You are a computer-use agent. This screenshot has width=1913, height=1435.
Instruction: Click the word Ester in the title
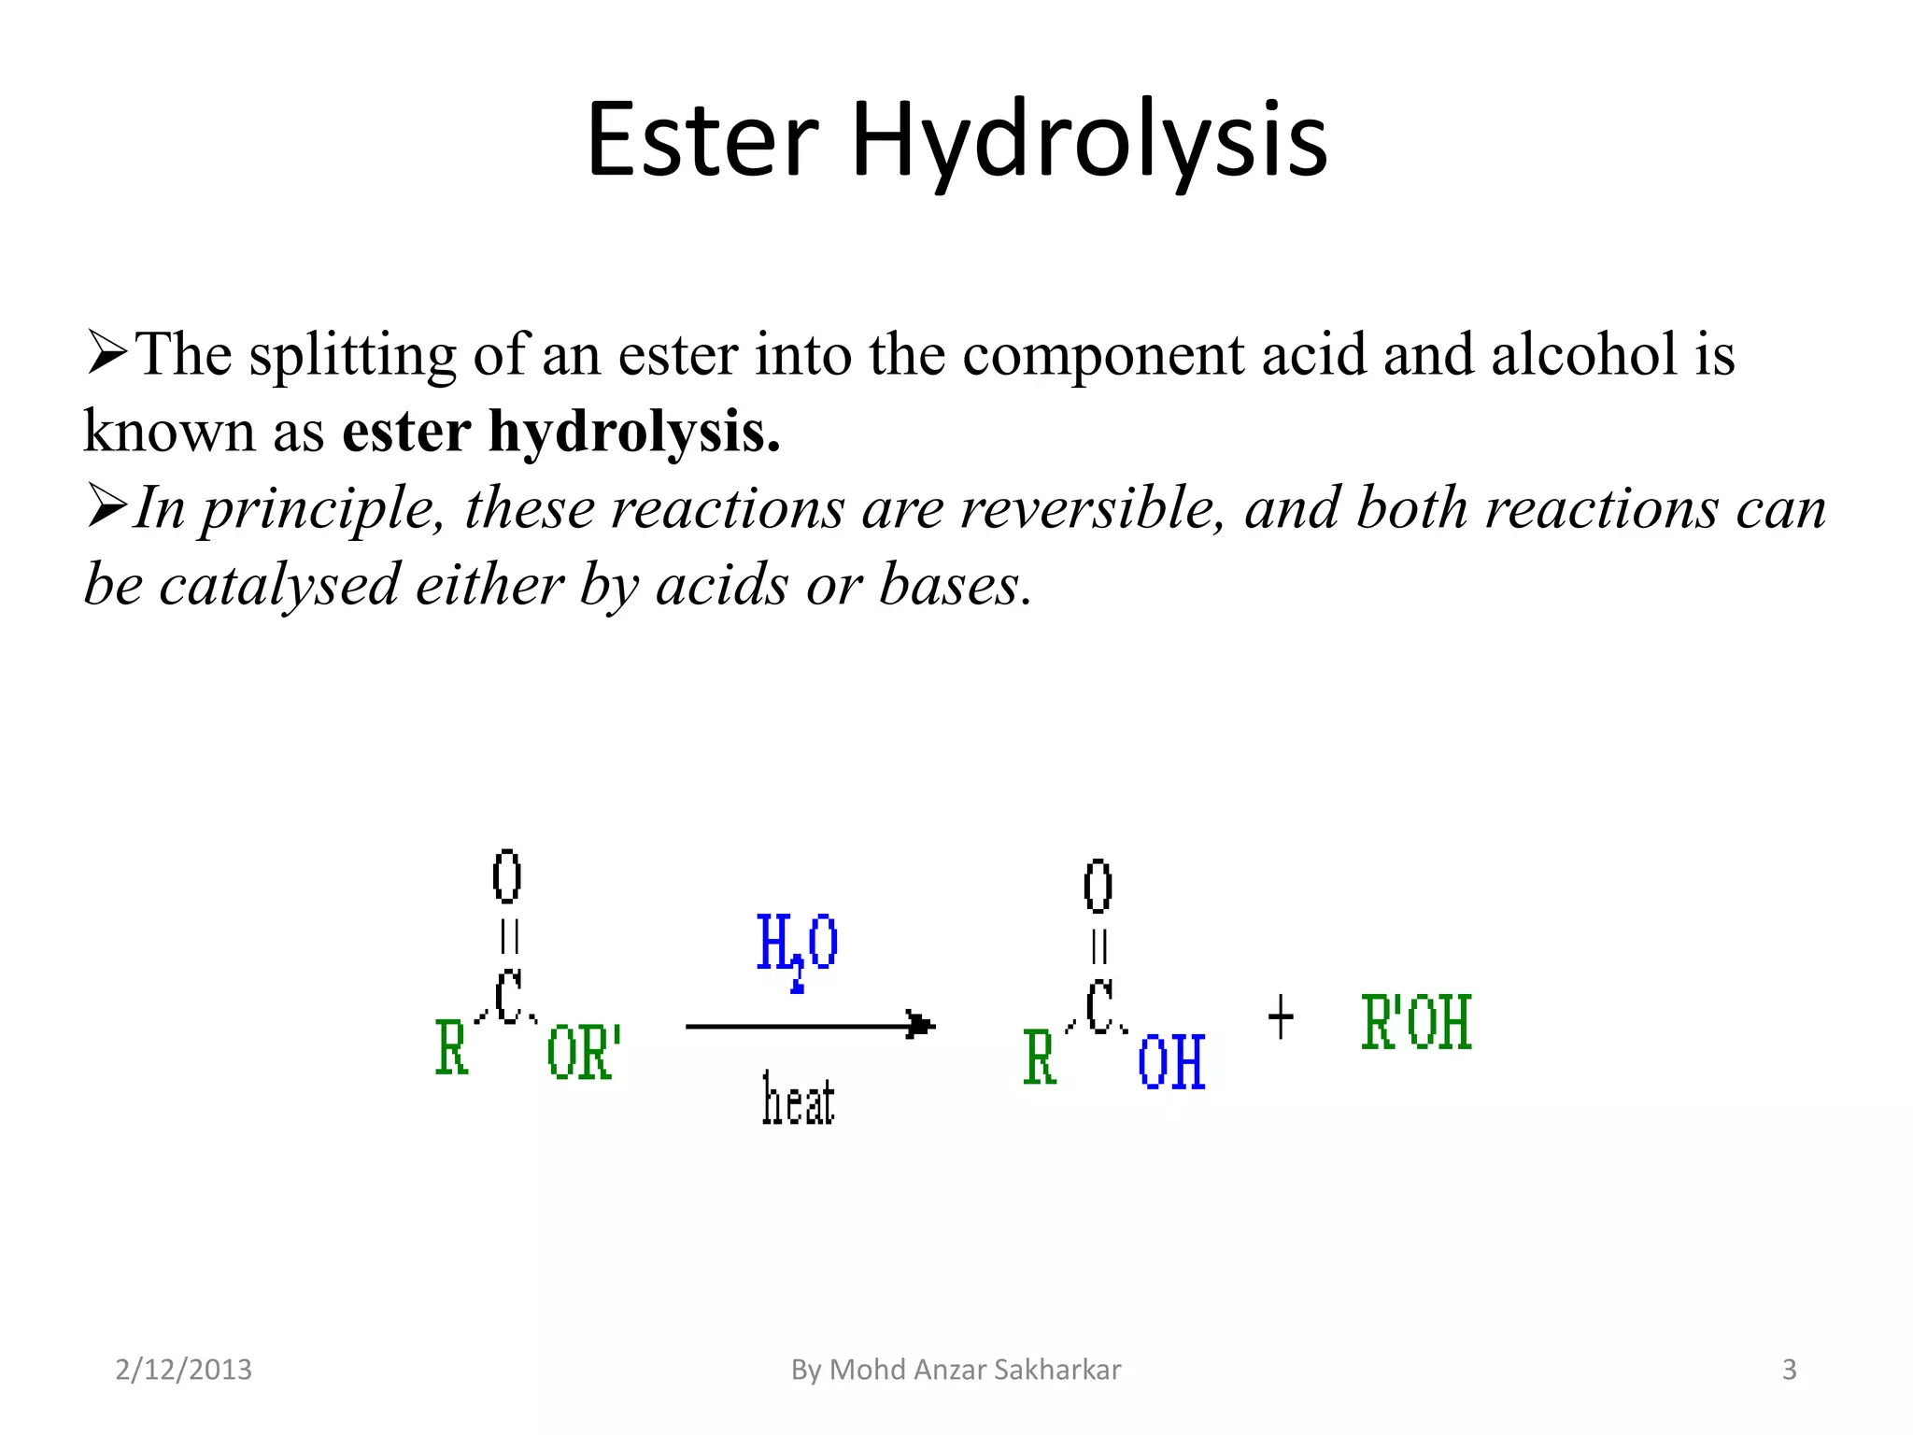click(x=702, y=140)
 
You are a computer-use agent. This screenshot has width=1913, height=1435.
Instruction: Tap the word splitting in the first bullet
click(x=352, y=357)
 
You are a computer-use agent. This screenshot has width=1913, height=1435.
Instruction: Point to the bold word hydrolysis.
click(x=634, y=433)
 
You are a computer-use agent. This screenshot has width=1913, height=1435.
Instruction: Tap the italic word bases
click(x=955, y=586)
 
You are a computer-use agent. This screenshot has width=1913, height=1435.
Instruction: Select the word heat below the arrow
click(x=798, y=1100)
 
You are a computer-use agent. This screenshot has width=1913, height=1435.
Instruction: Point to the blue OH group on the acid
click(x=1171, y=1062)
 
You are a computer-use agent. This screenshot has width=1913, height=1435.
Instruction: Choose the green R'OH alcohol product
click(x=1416, y=1023)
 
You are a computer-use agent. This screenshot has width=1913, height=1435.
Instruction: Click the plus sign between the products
click(x=1281, y=1017)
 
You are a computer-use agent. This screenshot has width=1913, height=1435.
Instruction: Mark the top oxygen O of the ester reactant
click(x=506, y=876)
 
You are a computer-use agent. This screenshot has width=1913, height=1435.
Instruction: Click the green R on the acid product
click(x=1039, y=1058)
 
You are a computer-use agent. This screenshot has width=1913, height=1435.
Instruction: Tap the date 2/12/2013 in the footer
click(x=183, y=1370)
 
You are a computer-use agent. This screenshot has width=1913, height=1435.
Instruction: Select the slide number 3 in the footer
click(x=1789, y=1370)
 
